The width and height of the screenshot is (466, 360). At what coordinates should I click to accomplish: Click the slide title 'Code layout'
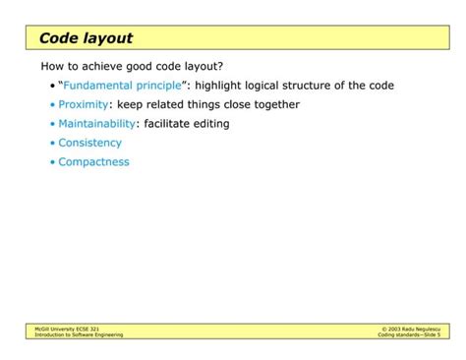pyautogui.click(x=86, y=38)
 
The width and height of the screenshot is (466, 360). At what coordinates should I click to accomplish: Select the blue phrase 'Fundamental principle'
pyautogui.click(x=123, y=86)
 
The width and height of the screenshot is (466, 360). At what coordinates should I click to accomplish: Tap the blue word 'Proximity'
pyautogui.click(x=83, y=104)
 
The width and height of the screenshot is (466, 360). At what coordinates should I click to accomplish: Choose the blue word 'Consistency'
pyautogui.click(x=89, y=143)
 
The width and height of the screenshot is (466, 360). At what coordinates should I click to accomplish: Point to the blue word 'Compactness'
pyautogui.click(x=93, y=162)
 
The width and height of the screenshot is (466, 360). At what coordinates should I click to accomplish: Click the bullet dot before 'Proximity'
pyautogui.click(x=52, y=105)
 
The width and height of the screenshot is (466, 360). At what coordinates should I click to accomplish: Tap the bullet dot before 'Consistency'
pyautogui.click(x=52, y=144)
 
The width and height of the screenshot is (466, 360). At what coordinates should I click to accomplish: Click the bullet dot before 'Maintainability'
pyautogui.click(x=52, y=125)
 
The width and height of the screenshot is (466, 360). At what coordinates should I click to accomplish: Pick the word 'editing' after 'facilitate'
pyautogui.click(x=210, y=124)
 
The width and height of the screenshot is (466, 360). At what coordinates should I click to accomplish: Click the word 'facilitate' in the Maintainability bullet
pyautogui.click(x=167, y=124)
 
